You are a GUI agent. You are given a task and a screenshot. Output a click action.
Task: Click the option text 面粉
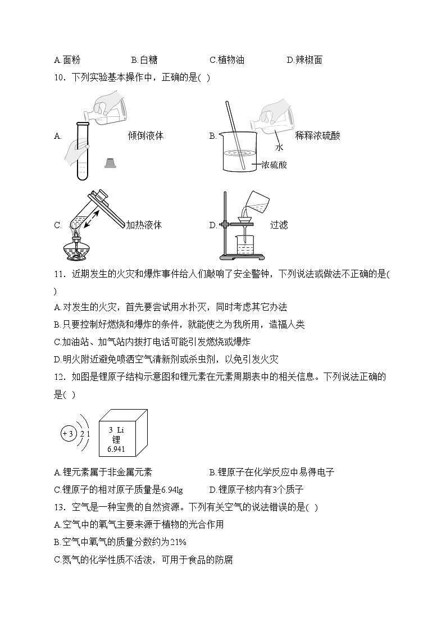(72, 60)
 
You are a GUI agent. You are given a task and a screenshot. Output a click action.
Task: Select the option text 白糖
(149, 60)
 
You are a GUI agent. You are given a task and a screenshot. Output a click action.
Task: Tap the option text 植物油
(231, 60)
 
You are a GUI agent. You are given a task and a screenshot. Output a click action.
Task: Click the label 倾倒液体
(145, 135)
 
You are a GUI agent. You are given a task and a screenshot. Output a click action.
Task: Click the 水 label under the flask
(279, 148)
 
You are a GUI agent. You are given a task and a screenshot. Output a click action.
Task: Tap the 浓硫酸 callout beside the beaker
(274, 165)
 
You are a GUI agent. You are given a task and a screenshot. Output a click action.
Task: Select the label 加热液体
(144, 225)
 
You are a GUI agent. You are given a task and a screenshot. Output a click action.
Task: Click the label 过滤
(279, 225)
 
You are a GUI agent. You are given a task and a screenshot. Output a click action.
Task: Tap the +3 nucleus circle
(69, 434)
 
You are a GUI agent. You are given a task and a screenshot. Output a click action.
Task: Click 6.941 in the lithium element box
(116, 449)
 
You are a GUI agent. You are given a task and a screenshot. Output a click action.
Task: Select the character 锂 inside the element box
(116, 439)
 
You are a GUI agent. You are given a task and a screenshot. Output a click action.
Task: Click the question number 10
(59, 78)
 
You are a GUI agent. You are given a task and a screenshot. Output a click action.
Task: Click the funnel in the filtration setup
(245, 216)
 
